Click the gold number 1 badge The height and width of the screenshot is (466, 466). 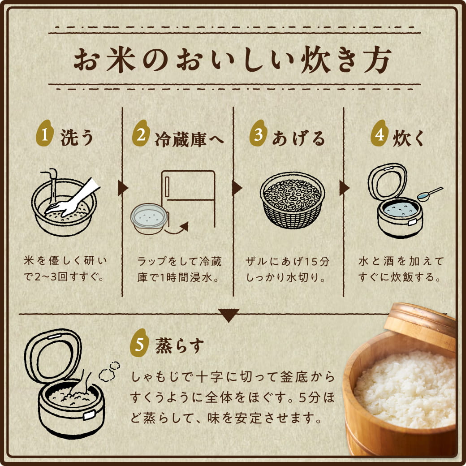coord(44,135)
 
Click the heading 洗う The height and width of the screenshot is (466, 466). coord(76,138)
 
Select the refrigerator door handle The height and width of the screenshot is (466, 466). coord(167,186)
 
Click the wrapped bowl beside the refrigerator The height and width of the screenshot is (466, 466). coord(149,219)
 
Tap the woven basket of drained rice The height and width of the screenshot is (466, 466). coord(292,201)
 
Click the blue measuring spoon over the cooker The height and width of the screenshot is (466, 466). coord(428,194)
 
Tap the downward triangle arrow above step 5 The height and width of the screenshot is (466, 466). coord(229,315)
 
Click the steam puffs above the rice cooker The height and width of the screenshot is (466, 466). coord(109,370)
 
